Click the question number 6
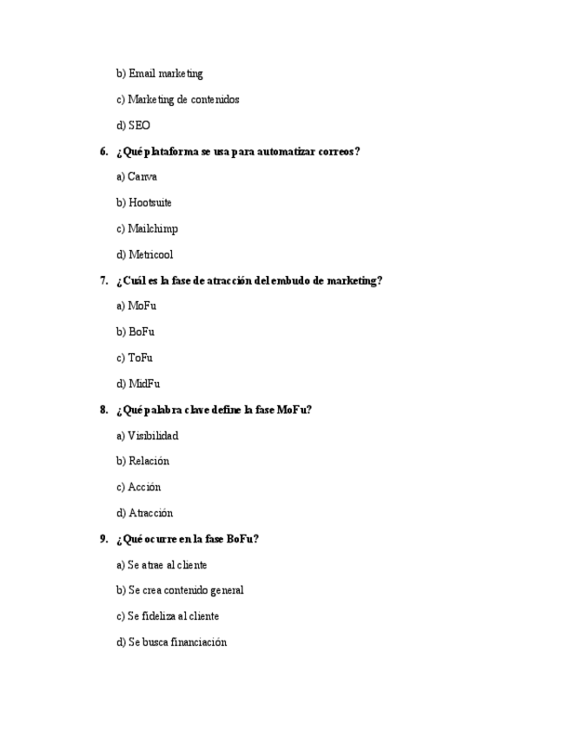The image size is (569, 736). [103, 152]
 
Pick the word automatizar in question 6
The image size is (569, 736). [288, 152]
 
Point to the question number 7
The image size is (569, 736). [103, 281]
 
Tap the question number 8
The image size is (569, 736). [103, 410]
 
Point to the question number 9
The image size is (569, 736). [103, 539]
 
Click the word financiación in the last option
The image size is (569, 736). [199, 642]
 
